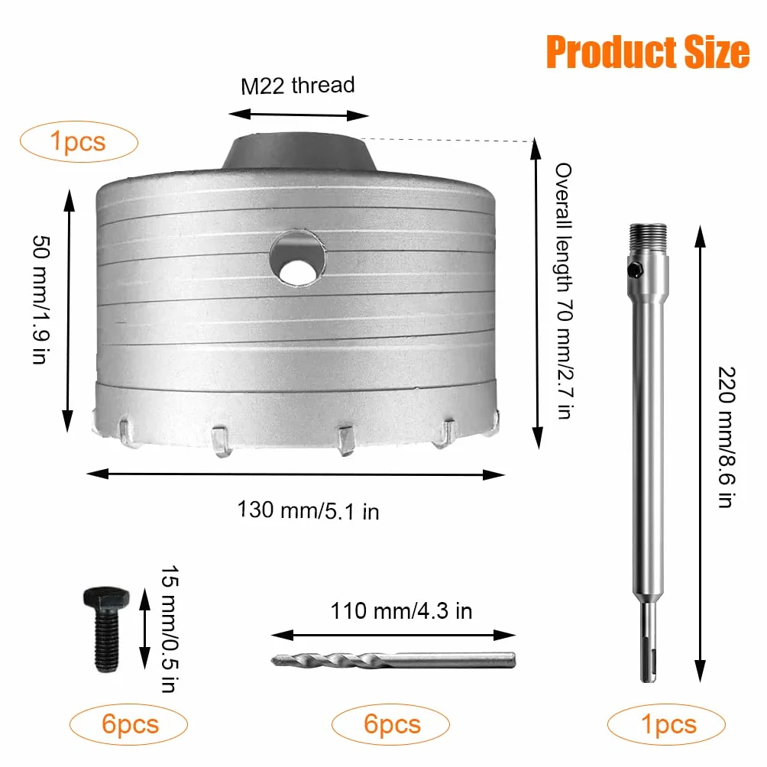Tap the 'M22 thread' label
(x=297, y=86)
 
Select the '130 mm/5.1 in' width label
(x=308, y=510)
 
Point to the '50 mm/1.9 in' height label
(x=41, y=299)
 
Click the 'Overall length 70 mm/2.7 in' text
(x=563, y=291)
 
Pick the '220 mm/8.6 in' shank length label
(x=727, y=437)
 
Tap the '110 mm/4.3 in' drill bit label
(x=401, y=611)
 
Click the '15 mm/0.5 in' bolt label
(x=170, y=629)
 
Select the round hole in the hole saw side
(x=297, y=257)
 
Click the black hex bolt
(x=106, y=629)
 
